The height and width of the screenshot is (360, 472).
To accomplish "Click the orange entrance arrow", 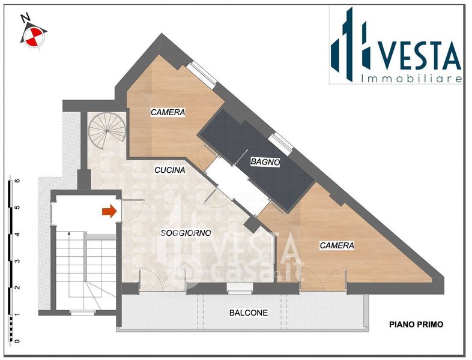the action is pos(109,211).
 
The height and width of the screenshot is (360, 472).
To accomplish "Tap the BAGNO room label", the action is pos(265,162).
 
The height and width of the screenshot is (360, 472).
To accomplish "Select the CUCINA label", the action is pos(170,170).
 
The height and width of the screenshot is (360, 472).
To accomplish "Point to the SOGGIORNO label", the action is pos(186,233).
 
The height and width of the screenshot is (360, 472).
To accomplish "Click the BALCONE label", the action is pos(249,313).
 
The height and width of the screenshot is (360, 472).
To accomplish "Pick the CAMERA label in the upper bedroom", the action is pos(168,112).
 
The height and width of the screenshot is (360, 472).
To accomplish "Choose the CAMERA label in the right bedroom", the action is pos(337,245).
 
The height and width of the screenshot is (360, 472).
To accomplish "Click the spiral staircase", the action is pos(107,131).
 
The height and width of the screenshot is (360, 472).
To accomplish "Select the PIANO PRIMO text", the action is pos(416,325).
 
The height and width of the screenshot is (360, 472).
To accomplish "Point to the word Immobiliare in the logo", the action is pos(411,79).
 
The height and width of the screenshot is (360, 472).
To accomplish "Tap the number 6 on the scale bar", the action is pos(17,181).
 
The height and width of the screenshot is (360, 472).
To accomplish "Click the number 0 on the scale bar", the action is pos(17,341).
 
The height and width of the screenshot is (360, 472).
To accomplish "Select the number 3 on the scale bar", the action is pos(17,261).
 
